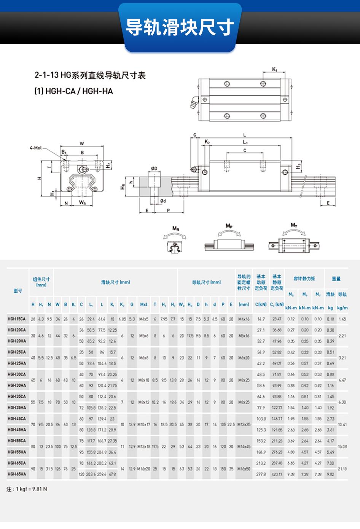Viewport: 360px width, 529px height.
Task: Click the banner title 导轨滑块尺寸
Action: point(180,27)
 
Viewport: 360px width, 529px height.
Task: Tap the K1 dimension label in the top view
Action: point(275,70)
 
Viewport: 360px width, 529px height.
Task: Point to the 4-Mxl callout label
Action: point(36,148)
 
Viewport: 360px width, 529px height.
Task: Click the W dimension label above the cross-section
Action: point(82,143)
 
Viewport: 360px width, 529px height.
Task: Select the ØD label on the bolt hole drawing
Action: point(154,168)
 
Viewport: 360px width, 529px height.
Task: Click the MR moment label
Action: point(175,228)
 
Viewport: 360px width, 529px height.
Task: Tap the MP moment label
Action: point(229,226)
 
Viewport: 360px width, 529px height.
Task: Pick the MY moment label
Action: point(294,225)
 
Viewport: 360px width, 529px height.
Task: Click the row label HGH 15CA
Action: point(17,319)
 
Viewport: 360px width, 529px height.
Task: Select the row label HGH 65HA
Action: point(17,474)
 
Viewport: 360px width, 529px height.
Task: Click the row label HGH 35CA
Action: point(17,397)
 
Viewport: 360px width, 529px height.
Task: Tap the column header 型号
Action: point(18,291)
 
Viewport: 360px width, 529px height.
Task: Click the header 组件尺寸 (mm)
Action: point(41,282)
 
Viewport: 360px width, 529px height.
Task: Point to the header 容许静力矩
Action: point(304,279)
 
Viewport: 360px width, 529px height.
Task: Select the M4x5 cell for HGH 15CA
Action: point(143,319)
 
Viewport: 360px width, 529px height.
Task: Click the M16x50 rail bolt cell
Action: point(244,469)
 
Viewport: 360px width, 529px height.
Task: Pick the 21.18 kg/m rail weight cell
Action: point(342,469)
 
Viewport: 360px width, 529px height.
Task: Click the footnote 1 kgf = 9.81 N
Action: point(27,489)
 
